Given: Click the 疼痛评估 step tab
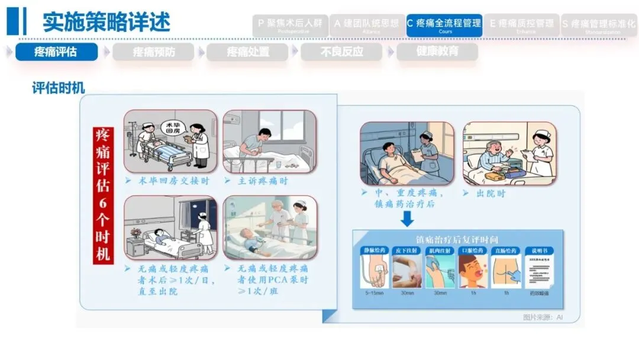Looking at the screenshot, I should pyautogui.click(x=56, y=52).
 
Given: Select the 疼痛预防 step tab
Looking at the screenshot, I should pyautogui.click(x=153, y=52).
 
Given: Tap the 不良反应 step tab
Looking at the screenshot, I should pyautogui.click(x=342, y=52).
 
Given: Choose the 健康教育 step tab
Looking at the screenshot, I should pyautogui.click(x=437, y=52).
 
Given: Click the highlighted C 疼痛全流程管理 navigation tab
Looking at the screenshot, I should pyautogui.click(x=444, y=25).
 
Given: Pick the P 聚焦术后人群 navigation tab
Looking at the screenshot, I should pyautogui.click(x=290, y=25).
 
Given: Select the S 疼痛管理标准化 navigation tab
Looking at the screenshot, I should pyautogui.click(x=598, y=25).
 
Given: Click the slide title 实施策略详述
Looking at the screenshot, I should pyautogui.click(x=106, y=22).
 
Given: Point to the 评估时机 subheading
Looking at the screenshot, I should pyautogui.click(x=58, y=88).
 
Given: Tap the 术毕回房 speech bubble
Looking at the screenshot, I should pyautogui.click(x=172, y=128).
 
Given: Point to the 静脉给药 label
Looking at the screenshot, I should pyautogui.click(x=373, y=250).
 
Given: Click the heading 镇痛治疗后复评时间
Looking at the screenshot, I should pyautogui.click(x=457, y=239).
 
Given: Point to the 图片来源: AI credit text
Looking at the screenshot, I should pyautogui.click(x=543, y=317).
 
